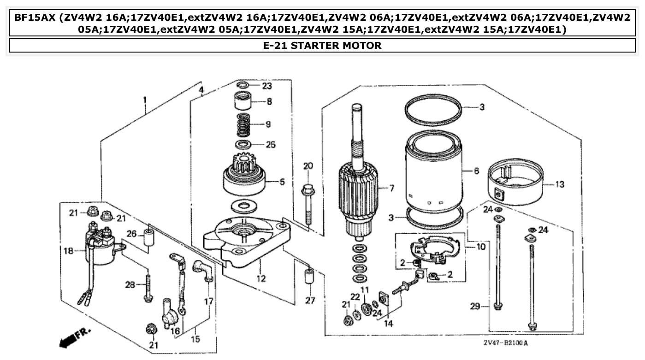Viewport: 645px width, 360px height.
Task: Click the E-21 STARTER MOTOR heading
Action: click(x=322, y=46)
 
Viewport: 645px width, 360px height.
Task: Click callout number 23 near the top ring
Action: click(x=267, y=86)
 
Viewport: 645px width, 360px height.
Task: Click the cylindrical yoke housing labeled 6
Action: click(x=433, y=173)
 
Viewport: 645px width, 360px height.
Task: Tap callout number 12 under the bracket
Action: click(x=261, y=278)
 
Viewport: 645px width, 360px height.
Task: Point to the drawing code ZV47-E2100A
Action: click(x=505, y=343)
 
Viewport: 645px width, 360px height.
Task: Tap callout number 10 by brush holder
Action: click(x=481, y=247)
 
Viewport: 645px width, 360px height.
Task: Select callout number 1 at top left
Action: click(x=145, y=99)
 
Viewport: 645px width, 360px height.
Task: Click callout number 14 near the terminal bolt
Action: click(x=389, y=323)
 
